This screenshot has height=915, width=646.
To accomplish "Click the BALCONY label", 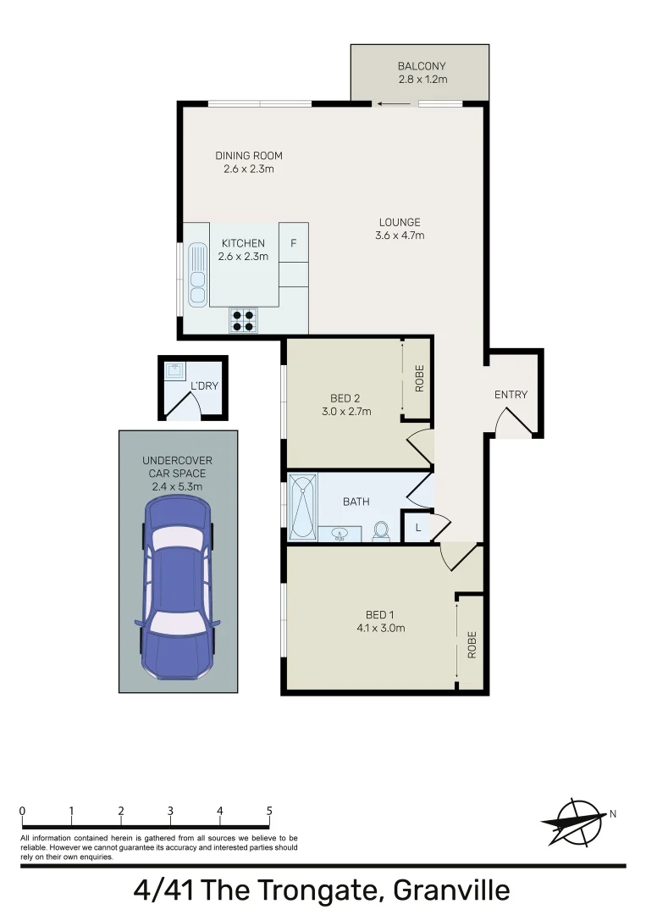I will click(x=421, y=66).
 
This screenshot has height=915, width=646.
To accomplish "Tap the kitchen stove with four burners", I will click(x=243, y=319).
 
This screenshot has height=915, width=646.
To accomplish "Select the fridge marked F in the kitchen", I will click(x=294, y=243).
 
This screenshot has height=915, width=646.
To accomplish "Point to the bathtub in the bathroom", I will click(x=302, y=507).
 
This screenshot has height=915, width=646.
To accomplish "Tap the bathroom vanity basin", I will click(x=340, y=534).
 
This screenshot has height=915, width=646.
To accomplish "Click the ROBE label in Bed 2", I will click(x=418, y=378).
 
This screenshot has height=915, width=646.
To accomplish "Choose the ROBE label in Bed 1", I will click(x=472, y=645).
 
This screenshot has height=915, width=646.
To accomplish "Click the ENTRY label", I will click(x=511, y=395).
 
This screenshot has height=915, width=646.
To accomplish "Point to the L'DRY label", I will click(x=204, y=386).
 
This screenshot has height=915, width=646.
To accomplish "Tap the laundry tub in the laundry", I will click(x=176, y=370).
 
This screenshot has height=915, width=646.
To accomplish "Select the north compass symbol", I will click(x=574, y=821).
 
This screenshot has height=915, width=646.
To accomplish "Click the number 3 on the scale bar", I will click(x=171, y=811).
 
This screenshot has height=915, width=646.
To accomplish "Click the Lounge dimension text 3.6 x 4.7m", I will click(x=400, y=236).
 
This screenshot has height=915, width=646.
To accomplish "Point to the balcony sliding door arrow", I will click(x=391, y=104).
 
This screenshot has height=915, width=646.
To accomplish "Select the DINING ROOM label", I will click(x=248, y=156).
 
